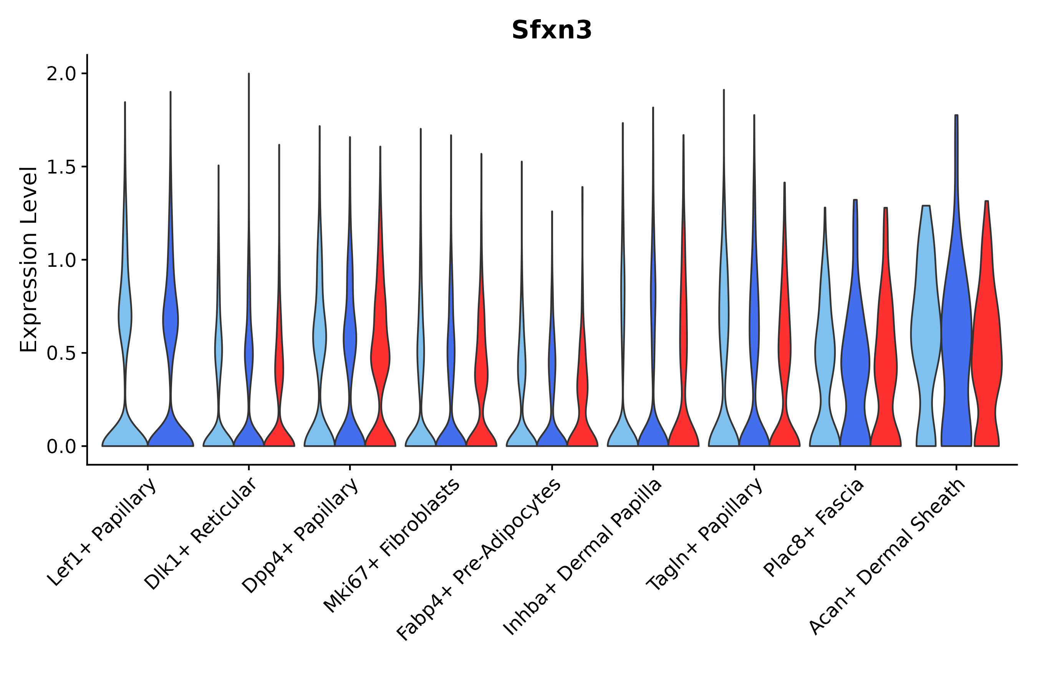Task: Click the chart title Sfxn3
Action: tap(552, 31)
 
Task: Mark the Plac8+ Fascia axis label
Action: tap(814, 527)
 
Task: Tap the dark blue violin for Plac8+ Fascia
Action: tap(855, 361)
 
